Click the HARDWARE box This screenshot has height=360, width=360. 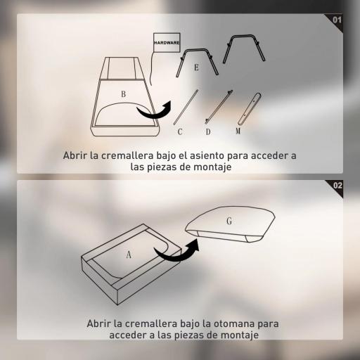pos(167,42)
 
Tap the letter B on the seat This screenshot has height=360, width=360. pos(124,94)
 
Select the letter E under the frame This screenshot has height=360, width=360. pos(196,67)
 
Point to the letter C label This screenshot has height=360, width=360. pos(180,132)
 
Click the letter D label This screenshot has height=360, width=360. pos(208,132)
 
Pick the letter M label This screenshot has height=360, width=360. pos(238,131)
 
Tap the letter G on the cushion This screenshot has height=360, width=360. pos(229,221)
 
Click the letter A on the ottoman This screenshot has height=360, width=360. pos(129,255)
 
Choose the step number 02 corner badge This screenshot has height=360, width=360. pos(335,188)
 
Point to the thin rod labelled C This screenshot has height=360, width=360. pos(186,107)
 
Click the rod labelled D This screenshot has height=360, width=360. pos(219,107)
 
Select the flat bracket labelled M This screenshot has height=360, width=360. pos(249,109)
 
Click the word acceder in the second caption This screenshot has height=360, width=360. pos(127,335)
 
